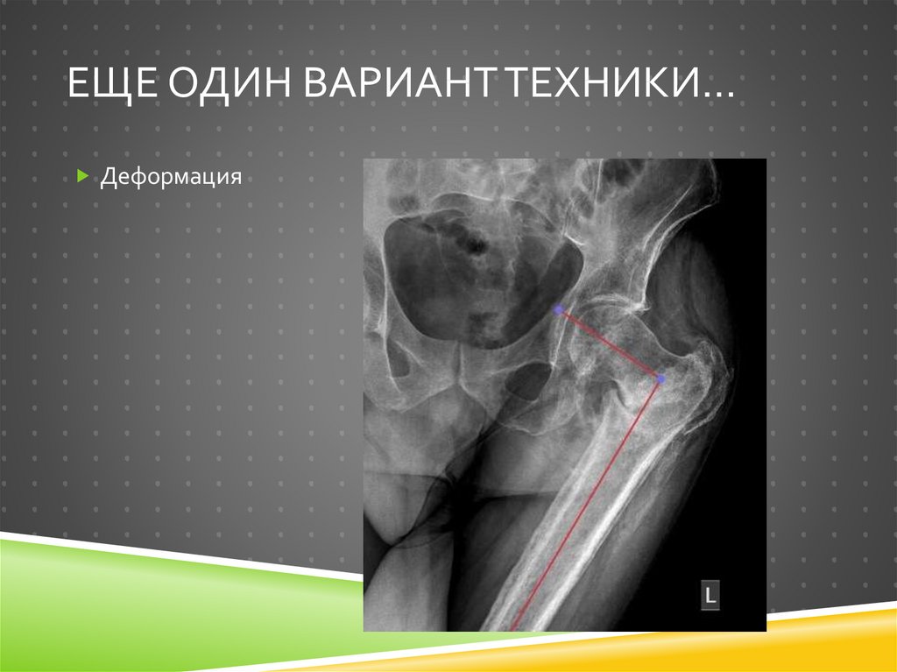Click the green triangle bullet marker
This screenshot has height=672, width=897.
[x=82, y=177]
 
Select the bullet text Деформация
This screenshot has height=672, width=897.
[x=171, y=178]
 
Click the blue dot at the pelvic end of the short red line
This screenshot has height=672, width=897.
[x=559, y=310]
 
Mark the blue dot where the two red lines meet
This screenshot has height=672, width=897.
[x=660, y=378]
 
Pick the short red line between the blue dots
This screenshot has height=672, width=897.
[x=610, y=344]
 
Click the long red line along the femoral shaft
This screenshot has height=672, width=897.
[x=587, y=504]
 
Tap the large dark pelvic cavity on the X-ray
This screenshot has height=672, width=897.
[x=473, y=272]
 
